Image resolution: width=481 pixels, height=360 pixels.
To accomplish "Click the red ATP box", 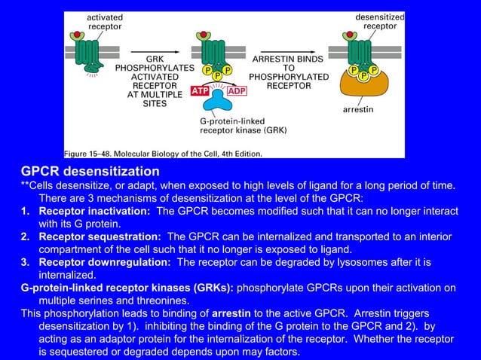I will [200, 91].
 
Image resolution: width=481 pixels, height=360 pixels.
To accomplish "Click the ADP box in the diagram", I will [237, 91].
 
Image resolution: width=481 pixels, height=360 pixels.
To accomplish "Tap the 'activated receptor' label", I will [105, 22].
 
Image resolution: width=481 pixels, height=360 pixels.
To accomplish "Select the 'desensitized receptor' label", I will [380, 21].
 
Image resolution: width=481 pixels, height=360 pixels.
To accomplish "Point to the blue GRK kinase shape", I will [219, 100].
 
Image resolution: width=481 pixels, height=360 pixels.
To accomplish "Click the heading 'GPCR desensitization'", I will [90, 172].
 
